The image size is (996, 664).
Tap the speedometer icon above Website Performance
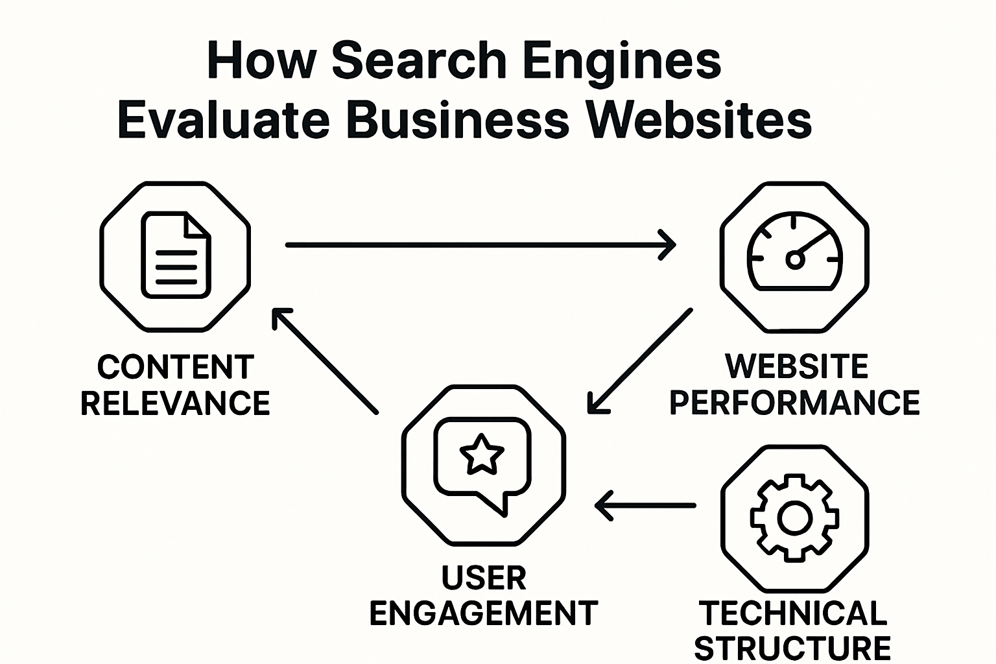point(794,253)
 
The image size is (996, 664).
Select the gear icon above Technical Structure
point(794,517)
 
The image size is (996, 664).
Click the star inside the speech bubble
point(481,453)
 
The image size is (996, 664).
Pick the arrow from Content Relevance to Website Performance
point(480,245)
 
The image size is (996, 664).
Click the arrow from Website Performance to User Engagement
point(639,362)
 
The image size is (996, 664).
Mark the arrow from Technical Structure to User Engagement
point(645,505)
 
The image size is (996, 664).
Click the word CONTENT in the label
point(175,368)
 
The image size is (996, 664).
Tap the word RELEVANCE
point(175,403)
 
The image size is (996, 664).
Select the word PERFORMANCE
point(794,403)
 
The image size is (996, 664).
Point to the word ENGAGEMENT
point(483,613)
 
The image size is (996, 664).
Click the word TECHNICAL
point(792,613)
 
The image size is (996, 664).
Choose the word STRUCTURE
point(792,648)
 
